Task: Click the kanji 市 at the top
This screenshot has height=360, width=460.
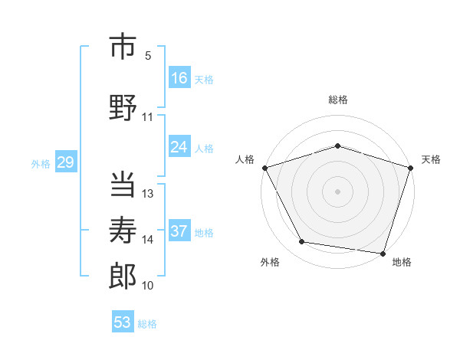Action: pyautogui.click(x=123, y=47)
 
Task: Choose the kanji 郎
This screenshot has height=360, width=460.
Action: pyautogui.click(x=123, y=277)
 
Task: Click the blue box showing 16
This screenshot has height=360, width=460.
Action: pyautogui.click(x=179, y=78)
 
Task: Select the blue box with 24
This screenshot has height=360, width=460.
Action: pyautogui.click(x=179, y=147)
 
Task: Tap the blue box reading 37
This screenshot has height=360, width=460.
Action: pyautogui.click(x=179, y=232)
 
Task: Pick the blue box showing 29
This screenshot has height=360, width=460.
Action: pyautogui.click(x=65, y=162)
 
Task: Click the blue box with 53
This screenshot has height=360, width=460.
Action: pyautogui.click(x=123, y=322)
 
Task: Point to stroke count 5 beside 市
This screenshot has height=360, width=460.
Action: pyautogui.click(x=147, y=56)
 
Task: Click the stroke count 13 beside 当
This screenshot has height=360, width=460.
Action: pyautogui.click(x=148, y=193)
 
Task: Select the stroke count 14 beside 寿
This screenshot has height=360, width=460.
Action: pyautogui.click(x=148, y=240)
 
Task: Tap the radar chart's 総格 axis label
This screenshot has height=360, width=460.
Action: pyautogui.click(x=337, y=100)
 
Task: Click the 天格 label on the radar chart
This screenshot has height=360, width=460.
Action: pyautogui.click(x=431, y=159)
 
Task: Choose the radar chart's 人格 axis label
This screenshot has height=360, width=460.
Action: pyautogui.click(x=245, y=159)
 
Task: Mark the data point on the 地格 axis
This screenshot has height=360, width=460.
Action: pyautogui.click(x=382, y=253)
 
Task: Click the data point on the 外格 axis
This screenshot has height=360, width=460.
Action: pyautogui.click(x=302, y=242)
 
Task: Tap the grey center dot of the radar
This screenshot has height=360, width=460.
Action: pyautogui.click(x=337, y=191)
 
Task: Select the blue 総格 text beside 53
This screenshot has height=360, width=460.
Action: pyautogui.click(x=147, y=324)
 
